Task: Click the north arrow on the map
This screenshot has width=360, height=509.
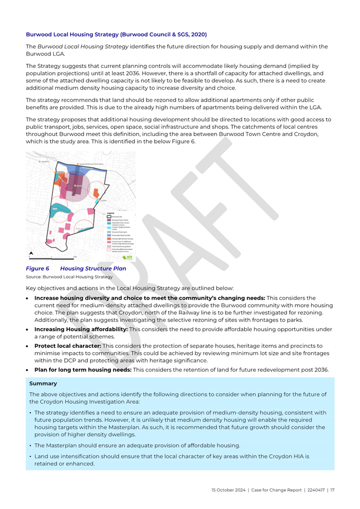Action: click(x=31, y=253)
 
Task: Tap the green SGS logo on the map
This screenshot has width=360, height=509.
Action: click(x=127, y=257)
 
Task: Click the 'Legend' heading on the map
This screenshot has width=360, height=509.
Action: click(x=111, y=213)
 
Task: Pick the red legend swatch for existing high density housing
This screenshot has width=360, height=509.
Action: click(x=108, y=239)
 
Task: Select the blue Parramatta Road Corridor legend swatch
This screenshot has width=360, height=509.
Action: click(x=108, y=235)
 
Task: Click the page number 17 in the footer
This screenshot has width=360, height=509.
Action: click(x=333, y=490)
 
